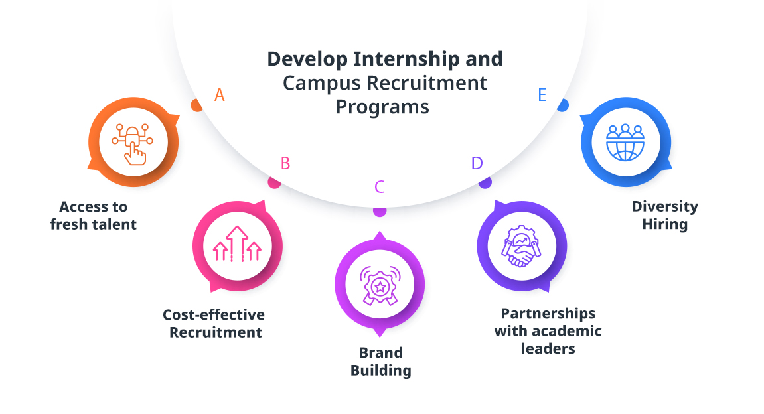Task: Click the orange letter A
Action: point(220,96)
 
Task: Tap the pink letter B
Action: point(285,163)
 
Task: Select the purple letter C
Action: point(380,187)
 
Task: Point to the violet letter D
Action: point(477,163)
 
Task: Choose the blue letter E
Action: point(542,96)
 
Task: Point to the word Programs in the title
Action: point(382,106)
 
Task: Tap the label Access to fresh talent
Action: point(94,216)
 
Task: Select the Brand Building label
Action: point(380,361)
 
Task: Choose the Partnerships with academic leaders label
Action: point(548,330)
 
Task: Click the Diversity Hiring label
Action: point(665,215)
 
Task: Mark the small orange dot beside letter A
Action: point(196,105)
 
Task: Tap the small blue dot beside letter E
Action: point(563,105)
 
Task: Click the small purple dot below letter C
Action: point(380,211)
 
